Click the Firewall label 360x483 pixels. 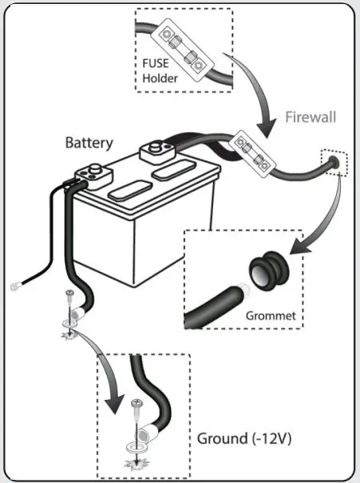[x=311, y=117]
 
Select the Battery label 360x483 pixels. [x=89, y=144]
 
